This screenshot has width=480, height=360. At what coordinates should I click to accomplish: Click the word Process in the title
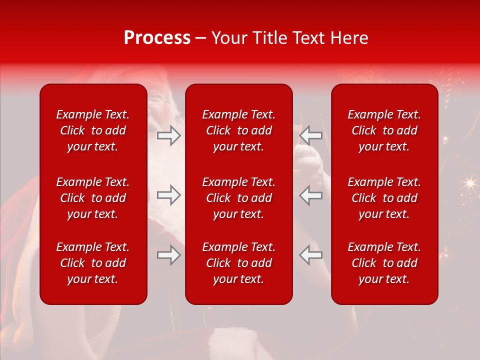coord(157,38)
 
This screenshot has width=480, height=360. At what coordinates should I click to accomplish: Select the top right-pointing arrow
coord(168,135)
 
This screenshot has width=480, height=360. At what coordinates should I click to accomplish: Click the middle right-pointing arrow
coord(168,195)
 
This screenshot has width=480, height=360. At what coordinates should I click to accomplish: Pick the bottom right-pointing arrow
coord(168,255)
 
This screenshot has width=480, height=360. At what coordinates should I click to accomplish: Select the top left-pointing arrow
coord(310,135)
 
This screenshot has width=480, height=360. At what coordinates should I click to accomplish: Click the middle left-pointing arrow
coord(310,195)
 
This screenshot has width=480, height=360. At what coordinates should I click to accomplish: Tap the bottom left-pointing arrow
coord(310,255)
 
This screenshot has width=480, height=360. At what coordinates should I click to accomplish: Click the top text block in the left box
coord(93,130)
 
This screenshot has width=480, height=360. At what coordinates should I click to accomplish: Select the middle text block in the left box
coord(93,198)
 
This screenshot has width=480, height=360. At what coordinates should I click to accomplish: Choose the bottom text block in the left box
coord(93,263)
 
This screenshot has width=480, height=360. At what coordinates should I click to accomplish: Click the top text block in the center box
coord(239,130)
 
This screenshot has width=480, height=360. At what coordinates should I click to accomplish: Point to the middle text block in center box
coord(239,198)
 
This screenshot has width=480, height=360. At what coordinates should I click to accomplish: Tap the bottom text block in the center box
coord(239,263)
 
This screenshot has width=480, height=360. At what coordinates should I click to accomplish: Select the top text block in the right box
coord(384,130)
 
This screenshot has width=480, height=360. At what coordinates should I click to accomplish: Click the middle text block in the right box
coord(384,198)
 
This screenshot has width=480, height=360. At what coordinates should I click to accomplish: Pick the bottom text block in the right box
coord(384,263)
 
